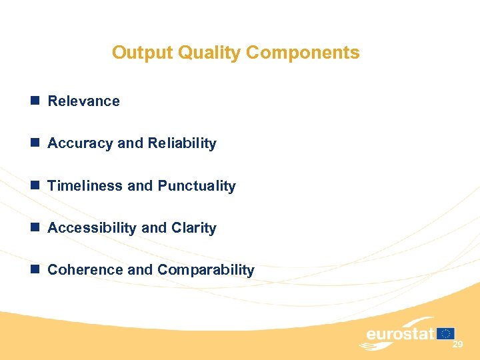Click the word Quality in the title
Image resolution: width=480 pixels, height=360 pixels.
pos(199,53)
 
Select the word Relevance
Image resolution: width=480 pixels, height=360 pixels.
pos(84,101)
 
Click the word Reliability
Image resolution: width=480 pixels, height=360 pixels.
pos(182,143)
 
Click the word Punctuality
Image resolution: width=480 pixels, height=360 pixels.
pos(197,186)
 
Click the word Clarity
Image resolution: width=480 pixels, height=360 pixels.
pos(194,228)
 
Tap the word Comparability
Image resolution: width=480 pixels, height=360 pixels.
pos(206,270)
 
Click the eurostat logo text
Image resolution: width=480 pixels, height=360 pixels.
pos(400,334)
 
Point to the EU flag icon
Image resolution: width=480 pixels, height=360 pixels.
pos(446,333)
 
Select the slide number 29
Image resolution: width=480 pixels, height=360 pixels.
pos(457,345)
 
